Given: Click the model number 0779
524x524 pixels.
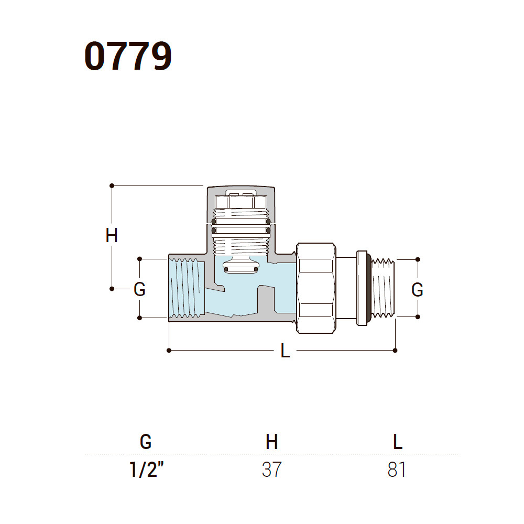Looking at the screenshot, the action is (128, 56).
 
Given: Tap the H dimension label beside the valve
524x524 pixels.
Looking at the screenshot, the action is (112, 236).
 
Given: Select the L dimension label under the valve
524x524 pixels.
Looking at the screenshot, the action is (285, 351).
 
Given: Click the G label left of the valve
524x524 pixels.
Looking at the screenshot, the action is (139, 289).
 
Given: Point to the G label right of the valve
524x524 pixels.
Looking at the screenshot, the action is (417, 290).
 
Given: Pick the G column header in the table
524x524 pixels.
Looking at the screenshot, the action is (146, 442).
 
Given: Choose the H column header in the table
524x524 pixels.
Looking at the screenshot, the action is (271, 442).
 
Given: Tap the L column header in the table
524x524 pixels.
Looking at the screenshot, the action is (398, 442).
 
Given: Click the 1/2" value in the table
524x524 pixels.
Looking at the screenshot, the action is (146, 469).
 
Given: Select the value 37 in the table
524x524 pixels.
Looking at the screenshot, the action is (271, 470).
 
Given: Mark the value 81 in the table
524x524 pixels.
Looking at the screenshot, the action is (397, 470).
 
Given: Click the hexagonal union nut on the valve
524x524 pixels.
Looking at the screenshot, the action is (316, 288).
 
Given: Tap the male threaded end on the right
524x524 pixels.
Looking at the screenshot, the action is (384, 288).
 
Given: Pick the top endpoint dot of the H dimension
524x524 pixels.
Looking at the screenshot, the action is (112, 185).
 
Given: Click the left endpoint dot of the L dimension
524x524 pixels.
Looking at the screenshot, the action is (169, 350).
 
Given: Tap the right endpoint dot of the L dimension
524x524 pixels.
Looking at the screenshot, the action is (395, 350).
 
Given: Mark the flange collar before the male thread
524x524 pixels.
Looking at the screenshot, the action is (362, 288).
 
